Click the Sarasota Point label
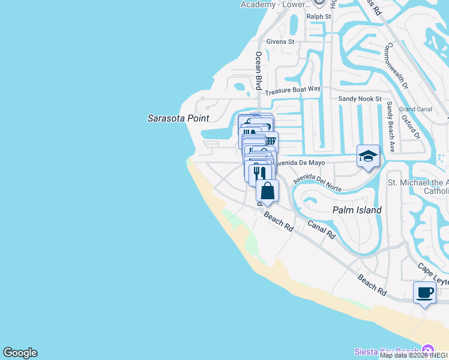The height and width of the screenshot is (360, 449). [x=178, y=118]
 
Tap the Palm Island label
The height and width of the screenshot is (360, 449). [x=357, y=210]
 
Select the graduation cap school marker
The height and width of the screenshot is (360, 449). [x=368, y=157]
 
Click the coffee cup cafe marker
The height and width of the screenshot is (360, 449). [x=424, y=293]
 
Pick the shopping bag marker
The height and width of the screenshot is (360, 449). [x=268, y=191]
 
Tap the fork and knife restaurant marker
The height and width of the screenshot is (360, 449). [x=259, y=173]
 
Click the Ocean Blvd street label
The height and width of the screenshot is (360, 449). [x=259, y=70]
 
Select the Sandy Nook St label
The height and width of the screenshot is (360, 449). [x=360, y=98]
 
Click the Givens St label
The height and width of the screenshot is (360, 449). [x=280, y=42]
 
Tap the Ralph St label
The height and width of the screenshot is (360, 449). [x=319, y=17]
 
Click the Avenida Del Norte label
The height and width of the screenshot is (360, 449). [x=318, y=184]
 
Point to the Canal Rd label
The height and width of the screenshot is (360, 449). [x=321, y=229]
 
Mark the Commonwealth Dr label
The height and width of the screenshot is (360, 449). [x=397, y=66]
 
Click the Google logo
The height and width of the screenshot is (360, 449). [x=20, y=353]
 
